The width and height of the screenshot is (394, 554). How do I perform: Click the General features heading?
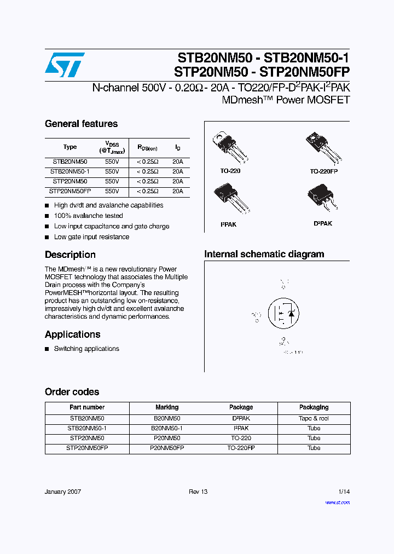[x=81, y=124]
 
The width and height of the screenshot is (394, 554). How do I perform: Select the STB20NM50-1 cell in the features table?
[x=70, y=171]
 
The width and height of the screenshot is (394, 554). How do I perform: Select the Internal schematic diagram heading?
[x=264, y=254]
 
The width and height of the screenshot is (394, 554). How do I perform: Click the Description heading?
[x=70, y=255]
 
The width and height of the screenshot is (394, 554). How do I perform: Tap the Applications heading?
[x=72, y=334]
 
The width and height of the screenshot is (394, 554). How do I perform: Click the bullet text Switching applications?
[x=86, y=349]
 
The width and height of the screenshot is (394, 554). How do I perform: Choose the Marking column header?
[x=167, y=407]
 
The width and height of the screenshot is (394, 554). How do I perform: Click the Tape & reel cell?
[x=314, y=418]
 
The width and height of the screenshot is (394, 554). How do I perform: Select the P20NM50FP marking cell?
[x=167, y=448]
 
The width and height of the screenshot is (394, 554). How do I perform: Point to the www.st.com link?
[x=337, y=502]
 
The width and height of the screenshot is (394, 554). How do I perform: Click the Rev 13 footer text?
[x=198, y=492]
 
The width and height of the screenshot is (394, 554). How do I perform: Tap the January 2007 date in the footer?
[x=63, y=492]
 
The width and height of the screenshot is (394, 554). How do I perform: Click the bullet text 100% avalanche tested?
[x=88, y=216]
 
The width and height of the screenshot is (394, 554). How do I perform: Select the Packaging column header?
[x=314, y=407]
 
